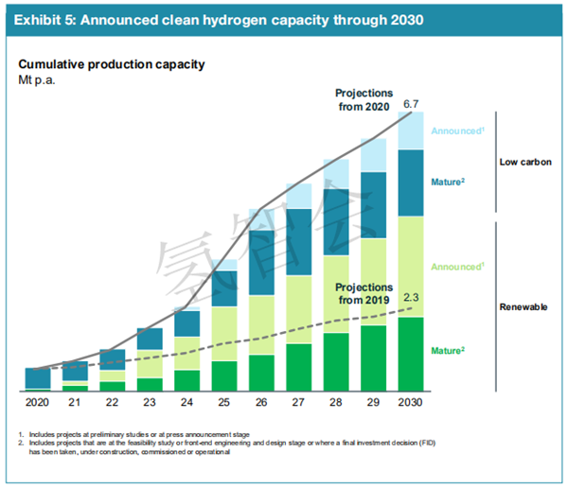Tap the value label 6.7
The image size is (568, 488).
[x=411, y=103]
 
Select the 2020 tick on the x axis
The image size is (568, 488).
[x=38, y=402]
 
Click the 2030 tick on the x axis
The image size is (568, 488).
[x=411, y=402]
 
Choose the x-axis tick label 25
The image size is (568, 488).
[x=224, y=402]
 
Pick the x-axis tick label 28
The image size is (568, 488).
[x=336, y=402]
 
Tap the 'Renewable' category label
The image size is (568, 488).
[x=524, y=306]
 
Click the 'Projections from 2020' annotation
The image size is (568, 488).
[x=363, y=98]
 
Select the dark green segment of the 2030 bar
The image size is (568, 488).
[x=410, y=354]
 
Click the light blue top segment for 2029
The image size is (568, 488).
[x=373, y=155]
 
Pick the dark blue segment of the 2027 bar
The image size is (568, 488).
[x=299, y=242]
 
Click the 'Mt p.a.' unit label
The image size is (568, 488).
[x=41, y=79]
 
